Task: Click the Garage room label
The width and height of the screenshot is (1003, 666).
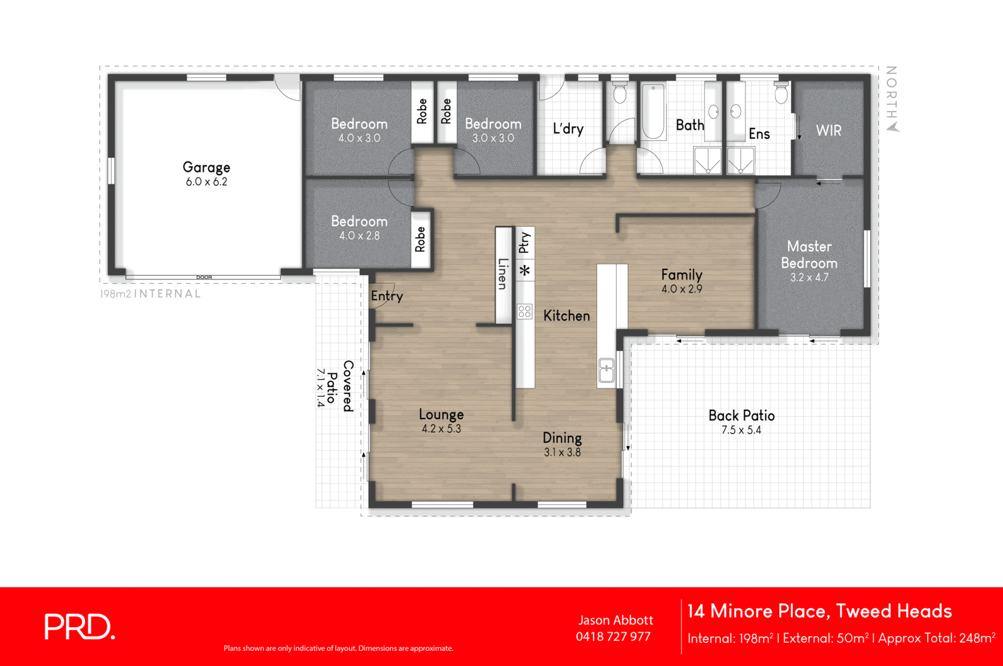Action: click(206, 167)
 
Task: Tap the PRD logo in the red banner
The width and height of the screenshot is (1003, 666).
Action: click(80, 627)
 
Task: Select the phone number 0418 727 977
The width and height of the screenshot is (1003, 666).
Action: click(613, 637)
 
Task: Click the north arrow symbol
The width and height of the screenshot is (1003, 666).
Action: click(893, 127)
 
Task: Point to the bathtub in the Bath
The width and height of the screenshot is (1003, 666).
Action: click(653, 112)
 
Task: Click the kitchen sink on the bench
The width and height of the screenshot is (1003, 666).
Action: click(606, 370)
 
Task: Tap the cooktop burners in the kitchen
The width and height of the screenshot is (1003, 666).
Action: click(525, 311)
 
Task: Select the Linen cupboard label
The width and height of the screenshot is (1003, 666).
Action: click(503, 274)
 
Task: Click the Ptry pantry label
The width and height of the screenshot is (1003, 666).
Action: click(525, 242)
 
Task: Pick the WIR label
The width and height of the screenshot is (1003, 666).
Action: click(828, 131)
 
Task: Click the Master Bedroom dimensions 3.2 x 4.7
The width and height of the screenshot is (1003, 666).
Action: click(809, 278)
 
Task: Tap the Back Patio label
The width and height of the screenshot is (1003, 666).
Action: click(741, 415)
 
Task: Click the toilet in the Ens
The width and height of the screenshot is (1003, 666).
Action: click(781, 93)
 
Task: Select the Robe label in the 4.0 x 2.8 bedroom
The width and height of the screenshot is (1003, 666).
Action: click(420, 239)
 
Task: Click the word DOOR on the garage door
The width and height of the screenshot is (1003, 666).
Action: click(204, 277)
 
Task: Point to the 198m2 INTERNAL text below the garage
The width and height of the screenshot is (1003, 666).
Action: click(150, 294)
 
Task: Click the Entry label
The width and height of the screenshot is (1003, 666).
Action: click(387, 296)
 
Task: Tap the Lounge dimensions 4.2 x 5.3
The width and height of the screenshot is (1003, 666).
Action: click(441, 429)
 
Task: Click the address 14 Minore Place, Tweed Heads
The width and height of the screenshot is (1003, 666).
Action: click(819, 611)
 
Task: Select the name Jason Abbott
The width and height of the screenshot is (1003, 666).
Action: click(615, 620)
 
